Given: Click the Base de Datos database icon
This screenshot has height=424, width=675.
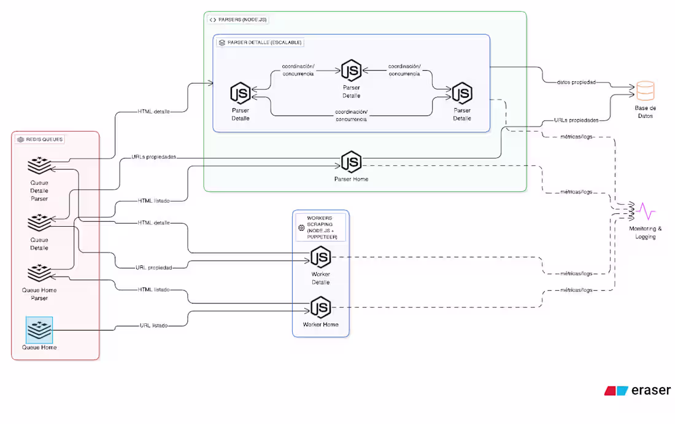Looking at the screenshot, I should pos(645,91).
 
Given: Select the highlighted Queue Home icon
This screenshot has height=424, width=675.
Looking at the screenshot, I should pos(39,330).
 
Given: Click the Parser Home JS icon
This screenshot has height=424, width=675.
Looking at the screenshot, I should pos(352,163).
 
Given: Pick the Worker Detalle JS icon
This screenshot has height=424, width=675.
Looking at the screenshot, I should pos(320,257).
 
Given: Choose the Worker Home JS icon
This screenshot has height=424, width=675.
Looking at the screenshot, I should pos(320,307).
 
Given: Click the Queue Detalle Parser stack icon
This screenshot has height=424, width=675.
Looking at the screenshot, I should pos(39,166).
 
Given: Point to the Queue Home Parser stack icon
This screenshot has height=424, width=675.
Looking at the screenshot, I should pos(39,273).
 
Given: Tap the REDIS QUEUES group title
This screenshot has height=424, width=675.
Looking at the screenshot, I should pos(40,139).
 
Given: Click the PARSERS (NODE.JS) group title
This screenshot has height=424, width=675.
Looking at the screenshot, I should pos(238,20).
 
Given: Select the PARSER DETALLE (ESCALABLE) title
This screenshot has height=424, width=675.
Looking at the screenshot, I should pos(261,42).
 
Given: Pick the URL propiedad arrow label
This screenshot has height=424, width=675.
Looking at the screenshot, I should pos(153,267).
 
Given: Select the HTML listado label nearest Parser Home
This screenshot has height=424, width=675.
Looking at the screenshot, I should pos(153,201).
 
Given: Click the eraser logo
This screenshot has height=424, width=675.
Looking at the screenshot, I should pos(637,390).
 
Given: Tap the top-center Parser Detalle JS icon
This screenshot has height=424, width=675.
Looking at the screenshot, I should pos(352,71).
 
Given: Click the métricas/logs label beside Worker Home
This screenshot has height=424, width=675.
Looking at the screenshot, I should pos(577,290).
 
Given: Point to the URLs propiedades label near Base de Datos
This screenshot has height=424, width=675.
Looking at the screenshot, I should pos(576,120).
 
